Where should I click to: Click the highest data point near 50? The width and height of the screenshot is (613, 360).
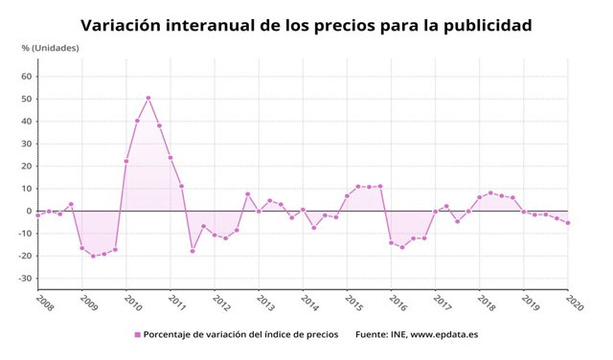coord(148,98)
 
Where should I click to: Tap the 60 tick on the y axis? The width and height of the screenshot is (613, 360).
coord(27,77)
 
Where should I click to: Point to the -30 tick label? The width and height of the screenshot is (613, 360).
coord(25,279)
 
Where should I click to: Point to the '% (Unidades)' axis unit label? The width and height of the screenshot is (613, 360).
coord(50,48)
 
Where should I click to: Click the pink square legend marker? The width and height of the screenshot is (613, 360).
coord(137,335)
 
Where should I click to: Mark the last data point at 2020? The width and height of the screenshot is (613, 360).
coord(568,223)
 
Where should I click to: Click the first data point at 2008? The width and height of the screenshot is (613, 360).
coord(37,215)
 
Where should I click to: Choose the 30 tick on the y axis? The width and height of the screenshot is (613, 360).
coord(27,144)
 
